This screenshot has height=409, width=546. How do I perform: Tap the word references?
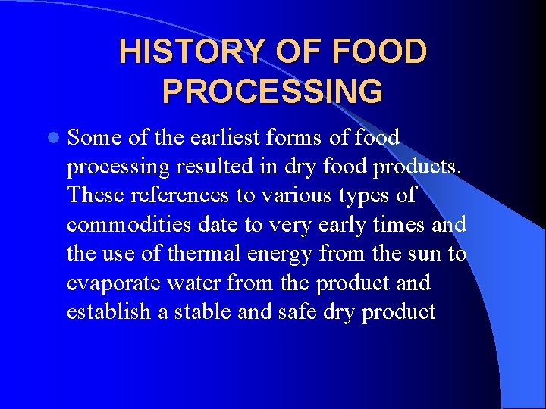179,195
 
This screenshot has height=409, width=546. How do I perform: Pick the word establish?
108,312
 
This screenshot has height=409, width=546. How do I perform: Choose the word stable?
203,312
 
